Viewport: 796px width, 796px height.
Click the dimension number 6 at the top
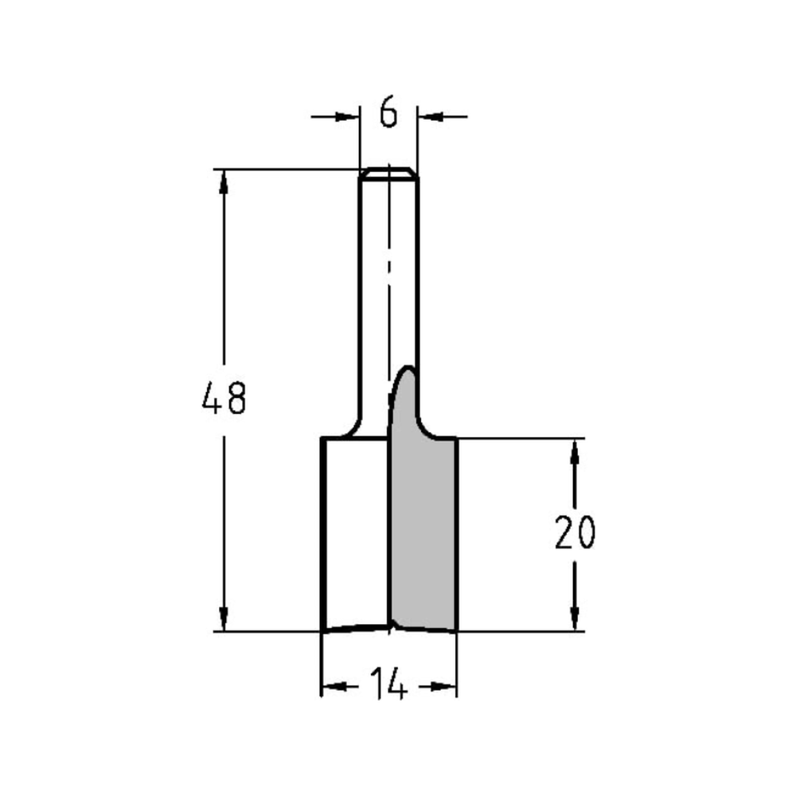(x=388, y=114)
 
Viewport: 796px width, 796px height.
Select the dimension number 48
(x=224, y=397)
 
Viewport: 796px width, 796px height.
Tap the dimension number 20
(x=575, y=533)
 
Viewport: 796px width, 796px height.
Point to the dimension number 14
(x=388, y=685)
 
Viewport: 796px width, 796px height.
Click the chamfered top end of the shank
(x=388, y=173)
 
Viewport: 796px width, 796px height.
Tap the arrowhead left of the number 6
(x=346, y=117)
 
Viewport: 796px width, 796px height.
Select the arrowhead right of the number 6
(x=430, y=117)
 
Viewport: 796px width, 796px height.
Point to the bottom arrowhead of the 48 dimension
(x=224, y=619)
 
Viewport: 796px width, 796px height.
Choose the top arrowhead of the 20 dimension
(x=575, y=451)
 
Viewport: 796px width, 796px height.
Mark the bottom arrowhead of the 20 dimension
(x=575, y=619)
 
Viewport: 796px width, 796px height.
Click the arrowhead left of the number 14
(x=334, y=686)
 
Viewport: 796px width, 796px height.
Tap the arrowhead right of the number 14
(x=443, y=686)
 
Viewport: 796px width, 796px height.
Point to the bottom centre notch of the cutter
(x=390, y=625)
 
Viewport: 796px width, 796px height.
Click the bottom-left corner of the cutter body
(x=322, y=630)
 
